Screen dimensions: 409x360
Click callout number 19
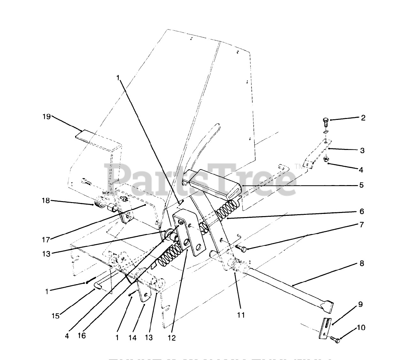point(47,117)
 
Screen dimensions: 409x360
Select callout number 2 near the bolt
point(363,118)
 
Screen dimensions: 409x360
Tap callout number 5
point(361,185)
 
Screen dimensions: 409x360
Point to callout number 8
point(362,263)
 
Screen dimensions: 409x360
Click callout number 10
point(361,327)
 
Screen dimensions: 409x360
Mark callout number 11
point(241,315)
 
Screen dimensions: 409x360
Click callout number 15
point(56,316)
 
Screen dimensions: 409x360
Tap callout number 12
point(172,338)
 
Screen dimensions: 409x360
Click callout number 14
point(132,338)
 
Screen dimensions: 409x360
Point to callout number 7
point(361,224)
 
